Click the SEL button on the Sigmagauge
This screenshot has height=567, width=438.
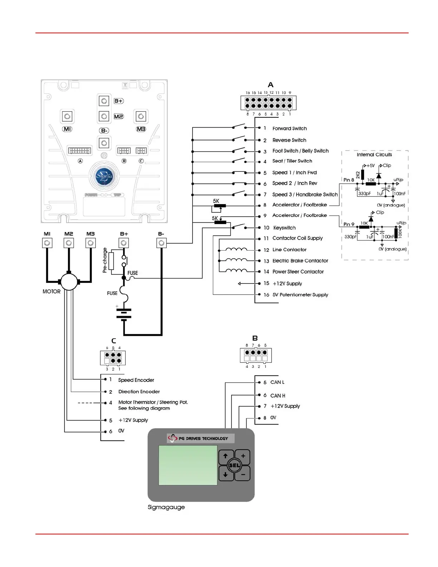[234, 465]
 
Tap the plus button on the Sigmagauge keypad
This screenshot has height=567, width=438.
[243, 456]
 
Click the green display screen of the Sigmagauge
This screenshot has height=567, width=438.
[188, 465]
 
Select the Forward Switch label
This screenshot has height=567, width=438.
[289, 129]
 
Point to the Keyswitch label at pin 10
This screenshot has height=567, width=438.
[284, 228]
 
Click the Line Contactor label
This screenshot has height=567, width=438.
[289, 250]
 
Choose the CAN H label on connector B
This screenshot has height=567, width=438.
[278, 396]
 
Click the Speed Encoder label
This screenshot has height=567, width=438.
[136, 380]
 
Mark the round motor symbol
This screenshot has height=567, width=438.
[69, 282]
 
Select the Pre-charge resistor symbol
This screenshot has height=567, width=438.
[111, 261]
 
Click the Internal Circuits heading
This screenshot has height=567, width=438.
[374, 155]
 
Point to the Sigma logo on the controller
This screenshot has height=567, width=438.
[104, 176]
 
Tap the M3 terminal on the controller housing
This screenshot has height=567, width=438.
[141, 116]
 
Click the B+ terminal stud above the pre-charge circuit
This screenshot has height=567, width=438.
[124, 243]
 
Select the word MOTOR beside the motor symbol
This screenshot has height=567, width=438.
[52, 292]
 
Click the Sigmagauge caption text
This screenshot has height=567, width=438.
[166, 507]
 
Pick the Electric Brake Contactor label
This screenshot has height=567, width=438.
[300, 261]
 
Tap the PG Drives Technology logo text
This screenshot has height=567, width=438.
[203, 438]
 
